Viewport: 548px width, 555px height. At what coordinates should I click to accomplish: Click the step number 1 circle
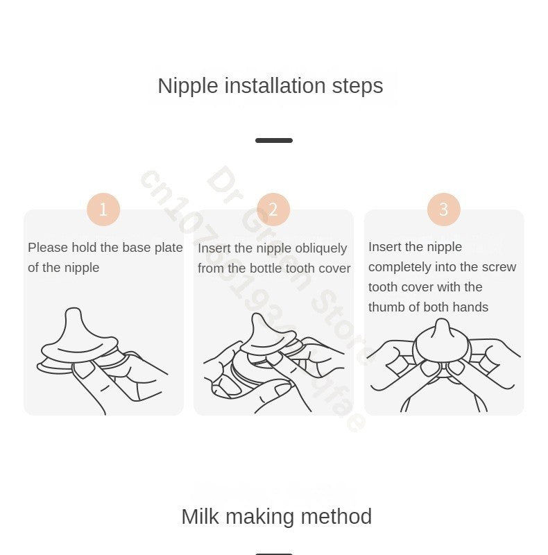tap(103, 210)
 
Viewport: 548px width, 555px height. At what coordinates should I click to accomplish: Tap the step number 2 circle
tap(273, 210)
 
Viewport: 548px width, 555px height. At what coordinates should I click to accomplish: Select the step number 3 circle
tap(444, 210)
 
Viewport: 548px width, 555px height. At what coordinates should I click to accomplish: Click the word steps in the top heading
tap(357, 86)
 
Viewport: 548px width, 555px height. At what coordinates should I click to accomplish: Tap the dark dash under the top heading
tap(274, 140)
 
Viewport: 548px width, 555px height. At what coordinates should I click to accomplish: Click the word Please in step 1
tap(47, 248)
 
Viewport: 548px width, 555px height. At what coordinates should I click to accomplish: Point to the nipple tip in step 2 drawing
tap(257, 319)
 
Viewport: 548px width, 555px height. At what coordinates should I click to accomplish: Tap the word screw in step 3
tap(500, 267)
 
